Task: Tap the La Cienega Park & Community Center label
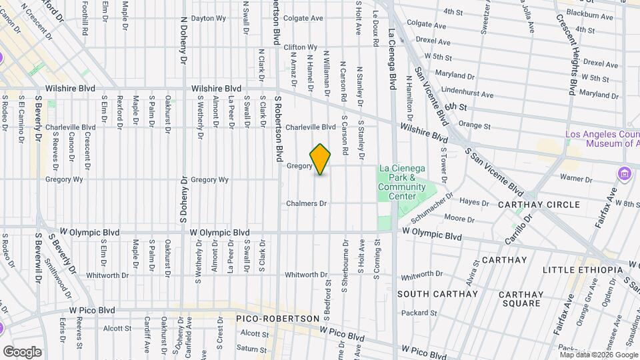[x=401, y=182]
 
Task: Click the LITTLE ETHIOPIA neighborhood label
[x=582, y=269]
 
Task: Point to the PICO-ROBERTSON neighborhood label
[x=278, y=319]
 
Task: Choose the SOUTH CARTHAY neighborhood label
[x=437, y=293]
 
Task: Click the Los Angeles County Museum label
[x=602, y=139]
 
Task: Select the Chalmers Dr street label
[x=306, y=203]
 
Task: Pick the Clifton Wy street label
[x=299, y=47]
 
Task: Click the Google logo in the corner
[x=22, y=351]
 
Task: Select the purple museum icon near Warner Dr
[x=624, y=174]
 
